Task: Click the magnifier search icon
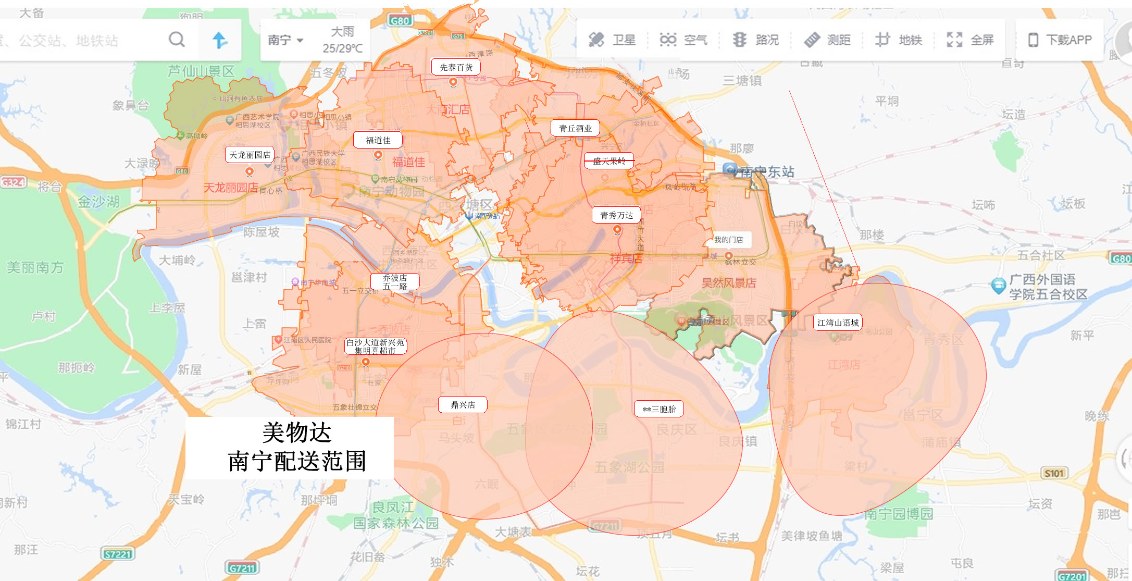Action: (x=177, y=40)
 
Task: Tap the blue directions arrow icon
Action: (x=220, y=40)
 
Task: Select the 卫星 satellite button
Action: (x=612, y=40)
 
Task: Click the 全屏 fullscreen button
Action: (x=970, y=40)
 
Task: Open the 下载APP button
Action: (x=1060, y=40)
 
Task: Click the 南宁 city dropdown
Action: (x=285, y=40)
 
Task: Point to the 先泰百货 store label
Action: (x=456, y=67)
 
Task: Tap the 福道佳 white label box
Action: (x=378, y=140)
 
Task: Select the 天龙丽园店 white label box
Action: (x=250, y=155)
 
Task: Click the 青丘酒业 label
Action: (x=575, y=128)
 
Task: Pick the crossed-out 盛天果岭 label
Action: (x=609, y=161)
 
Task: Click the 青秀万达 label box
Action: (x=616, y=215)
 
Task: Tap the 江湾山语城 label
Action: (x=838, y=323)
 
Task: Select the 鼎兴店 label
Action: (x=463, y=405)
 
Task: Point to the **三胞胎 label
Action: (x=659, y=409)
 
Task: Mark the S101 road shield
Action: (x=1054, y=473)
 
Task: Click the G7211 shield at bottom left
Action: (x=242, y=568)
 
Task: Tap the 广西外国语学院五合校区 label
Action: (x=1047, y=287)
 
